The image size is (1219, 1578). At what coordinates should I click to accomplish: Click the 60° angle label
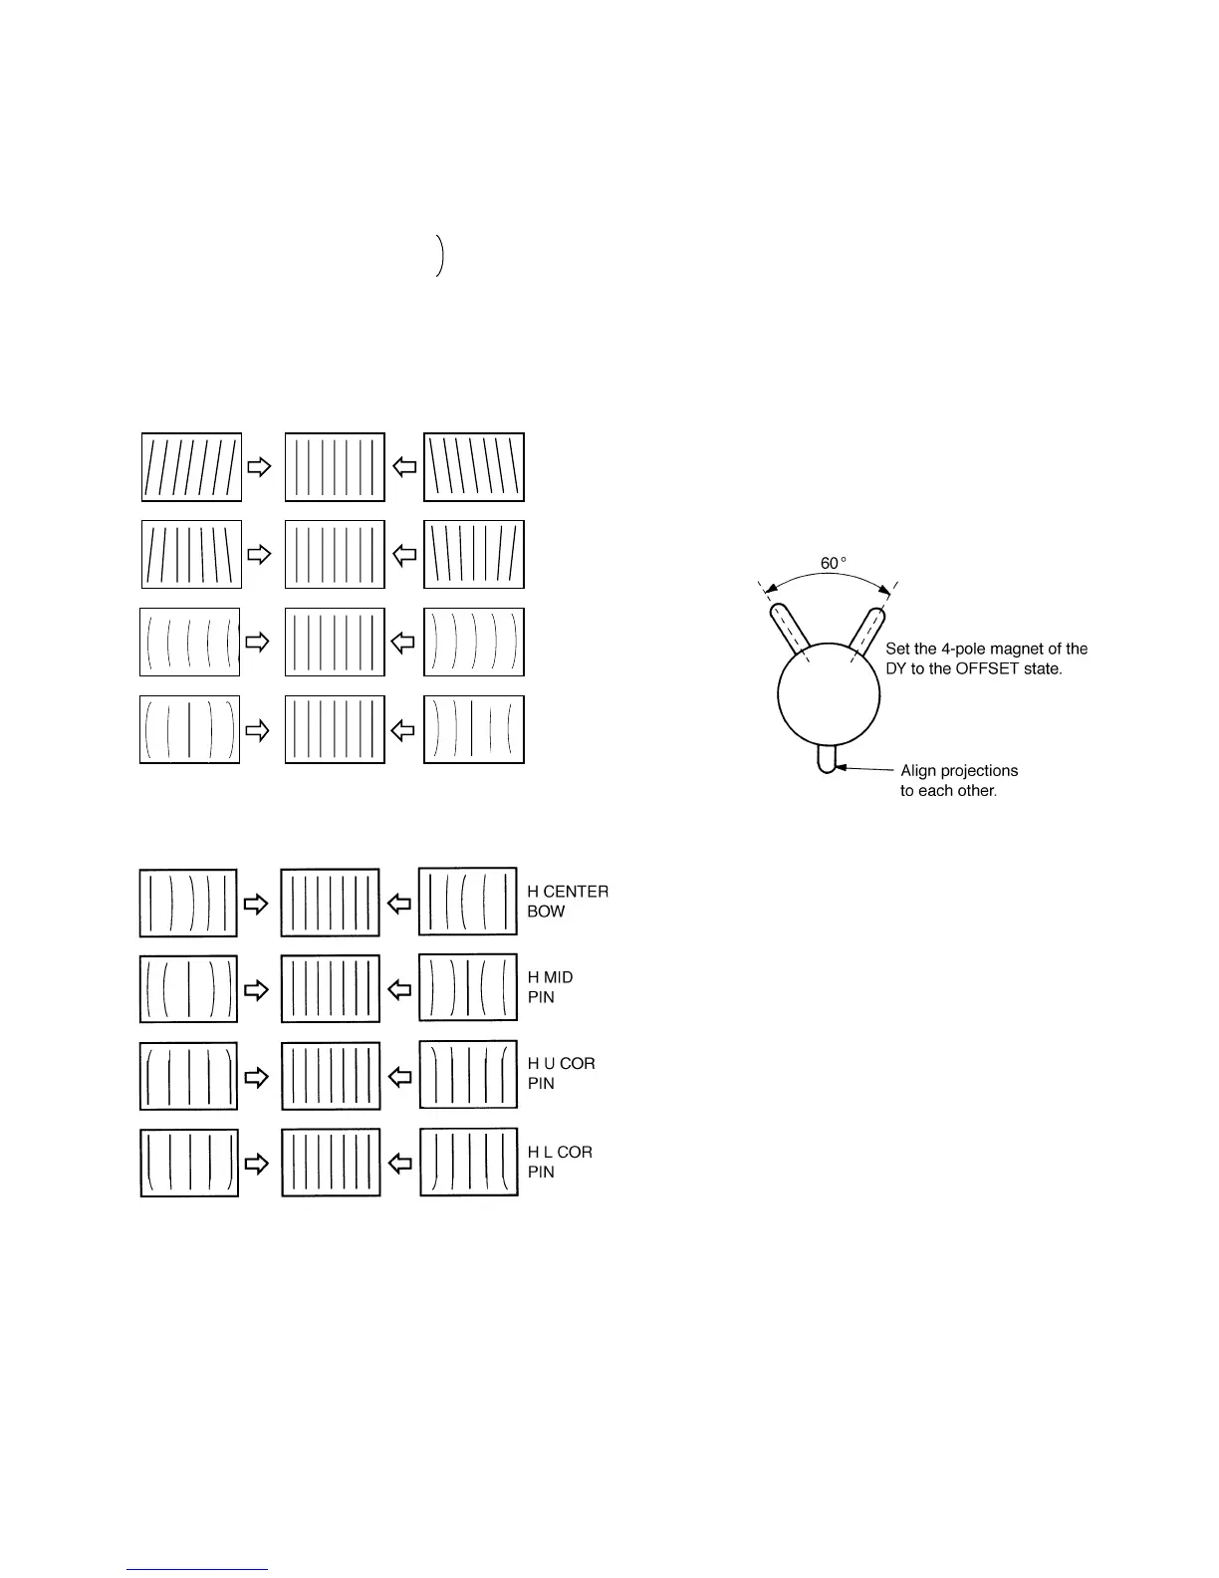coord(833,564)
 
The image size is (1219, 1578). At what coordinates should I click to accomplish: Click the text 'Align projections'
coord(959,770)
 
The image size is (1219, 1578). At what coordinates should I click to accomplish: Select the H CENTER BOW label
coord(568,902)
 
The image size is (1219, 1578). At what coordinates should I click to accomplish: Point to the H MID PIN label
coord(551,987)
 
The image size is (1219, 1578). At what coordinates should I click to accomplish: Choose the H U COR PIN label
coord(561,1074)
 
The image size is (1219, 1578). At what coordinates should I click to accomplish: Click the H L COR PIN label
coord(560,1162)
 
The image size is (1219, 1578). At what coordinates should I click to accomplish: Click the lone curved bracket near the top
coord(439,256)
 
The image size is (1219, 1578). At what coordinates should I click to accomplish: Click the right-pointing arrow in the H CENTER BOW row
coord(257,904)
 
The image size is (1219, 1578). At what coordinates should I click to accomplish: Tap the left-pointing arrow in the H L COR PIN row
coord(399,1163)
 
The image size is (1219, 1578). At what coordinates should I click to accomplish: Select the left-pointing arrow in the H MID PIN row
coord(399,989)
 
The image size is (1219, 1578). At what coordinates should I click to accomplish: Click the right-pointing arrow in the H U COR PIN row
coord(257,1077)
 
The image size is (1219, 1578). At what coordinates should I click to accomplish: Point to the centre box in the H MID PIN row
coord(331,988)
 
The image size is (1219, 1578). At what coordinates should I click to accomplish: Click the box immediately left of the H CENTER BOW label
coord(468,902)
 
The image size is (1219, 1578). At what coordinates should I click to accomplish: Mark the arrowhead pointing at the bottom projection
coord(843,767)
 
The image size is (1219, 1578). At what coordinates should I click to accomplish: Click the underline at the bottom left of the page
coord(197,1569)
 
